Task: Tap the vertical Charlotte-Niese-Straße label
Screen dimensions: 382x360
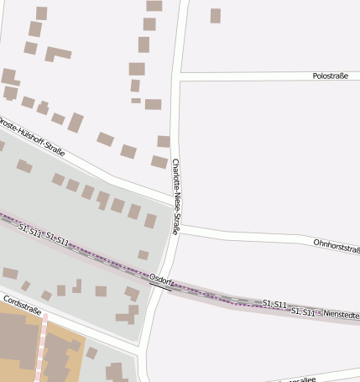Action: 175,196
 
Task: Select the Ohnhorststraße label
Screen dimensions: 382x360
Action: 336,244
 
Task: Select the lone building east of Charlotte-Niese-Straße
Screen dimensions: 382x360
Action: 216,15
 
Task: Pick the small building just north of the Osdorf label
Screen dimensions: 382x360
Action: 143,254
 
